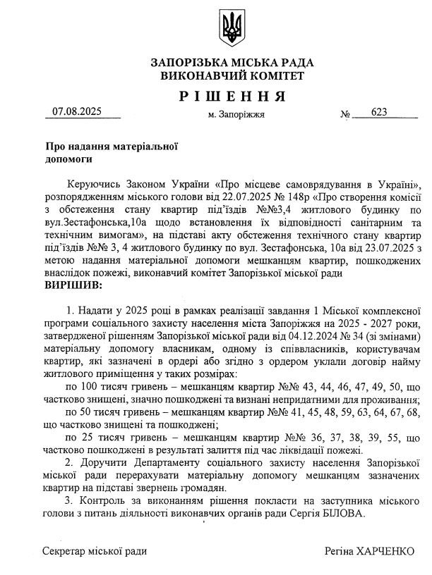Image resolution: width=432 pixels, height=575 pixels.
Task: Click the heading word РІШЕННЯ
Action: [232, 96]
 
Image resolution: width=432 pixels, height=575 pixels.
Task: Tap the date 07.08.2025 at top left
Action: [77, 111]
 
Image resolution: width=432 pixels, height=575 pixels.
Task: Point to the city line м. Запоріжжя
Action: [236, 114]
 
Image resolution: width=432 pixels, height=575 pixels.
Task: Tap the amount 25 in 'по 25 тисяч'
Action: [86, 436]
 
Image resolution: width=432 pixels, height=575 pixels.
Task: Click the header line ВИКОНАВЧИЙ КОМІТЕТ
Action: [232, 75]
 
